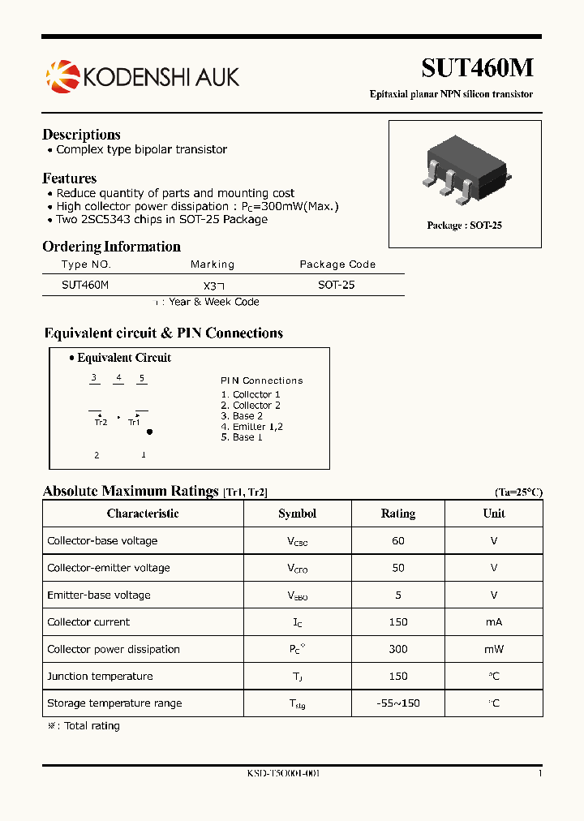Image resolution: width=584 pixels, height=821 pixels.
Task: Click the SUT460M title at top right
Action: click(x=477, y=68)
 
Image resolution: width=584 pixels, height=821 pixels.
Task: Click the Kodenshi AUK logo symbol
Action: click(x=62, y=77)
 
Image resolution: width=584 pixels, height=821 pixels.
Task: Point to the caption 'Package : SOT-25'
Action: click(x=464, y=226)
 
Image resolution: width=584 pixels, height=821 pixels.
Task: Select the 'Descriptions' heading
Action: click(x=81, y=135)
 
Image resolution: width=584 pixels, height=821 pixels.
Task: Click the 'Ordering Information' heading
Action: click(x=111, y=247)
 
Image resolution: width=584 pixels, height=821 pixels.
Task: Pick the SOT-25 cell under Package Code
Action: click(x=336, y=285)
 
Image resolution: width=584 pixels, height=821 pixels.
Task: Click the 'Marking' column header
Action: click(x=212, y=264)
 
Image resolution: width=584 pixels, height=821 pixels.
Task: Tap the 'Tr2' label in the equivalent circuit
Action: click(x=101, y=422)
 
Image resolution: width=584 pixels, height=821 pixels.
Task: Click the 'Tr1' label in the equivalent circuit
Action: click(x=134, y=422)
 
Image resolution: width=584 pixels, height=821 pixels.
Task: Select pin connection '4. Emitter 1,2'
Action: click(x=251, y=427)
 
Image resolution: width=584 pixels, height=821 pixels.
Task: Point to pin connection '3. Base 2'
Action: click(x=242, y=416)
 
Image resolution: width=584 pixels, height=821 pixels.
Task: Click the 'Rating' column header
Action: click(x=397, y=514)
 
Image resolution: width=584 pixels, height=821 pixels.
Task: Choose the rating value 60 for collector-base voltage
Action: click(x=397, y=541)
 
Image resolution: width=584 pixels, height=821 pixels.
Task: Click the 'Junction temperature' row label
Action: click(x=100, y=677)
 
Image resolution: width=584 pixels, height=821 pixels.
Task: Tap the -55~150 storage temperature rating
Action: click(x=397, y=703)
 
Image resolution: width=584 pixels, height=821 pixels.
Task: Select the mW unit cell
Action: click(x=494, y=649)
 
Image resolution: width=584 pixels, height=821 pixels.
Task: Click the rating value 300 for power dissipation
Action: click(x=397, y=649)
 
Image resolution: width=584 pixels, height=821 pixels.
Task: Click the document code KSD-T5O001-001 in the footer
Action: click(x=283, y=774)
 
